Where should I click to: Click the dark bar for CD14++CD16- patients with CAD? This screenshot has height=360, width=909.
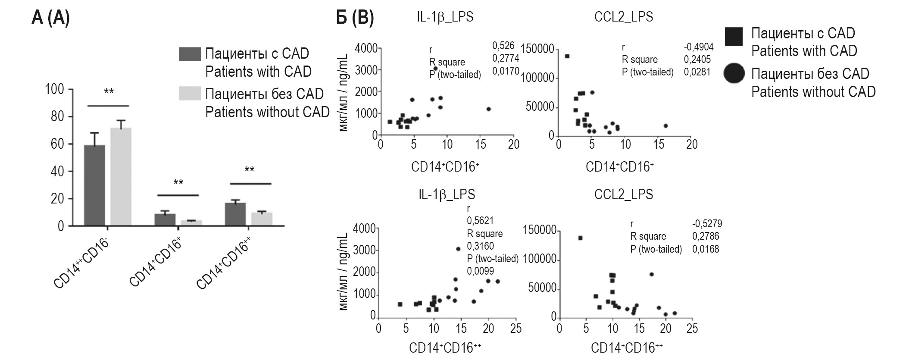(94, 185)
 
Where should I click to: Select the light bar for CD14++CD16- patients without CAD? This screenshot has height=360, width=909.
(121, 177)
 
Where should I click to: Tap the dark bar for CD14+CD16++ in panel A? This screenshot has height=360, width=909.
(235, 214)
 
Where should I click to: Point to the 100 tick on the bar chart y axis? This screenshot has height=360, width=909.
(54, 90)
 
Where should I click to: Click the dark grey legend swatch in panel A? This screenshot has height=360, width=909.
(190, 54)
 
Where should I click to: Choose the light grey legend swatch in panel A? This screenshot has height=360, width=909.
(190, 94)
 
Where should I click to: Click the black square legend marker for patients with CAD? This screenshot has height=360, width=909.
(734, 37)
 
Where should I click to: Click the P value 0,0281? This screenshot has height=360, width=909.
(697, 72)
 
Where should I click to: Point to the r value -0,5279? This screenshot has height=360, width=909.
(707, 224)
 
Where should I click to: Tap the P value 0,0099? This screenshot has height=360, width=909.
(481, 271)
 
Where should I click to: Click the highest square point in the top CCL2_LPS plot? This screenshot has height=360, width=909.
(567, 56)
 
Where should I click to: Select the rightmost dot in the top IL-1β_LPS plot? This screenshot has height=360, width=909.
(489, 109)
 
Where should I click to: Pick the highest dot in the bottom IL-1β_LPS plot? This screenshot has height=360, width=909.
(458, 249)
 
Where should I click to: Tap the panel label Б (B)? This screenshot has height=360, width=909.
(355, 18)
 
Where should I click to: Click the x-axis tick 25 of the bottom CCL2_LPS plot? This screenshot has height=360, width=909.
(692, 329)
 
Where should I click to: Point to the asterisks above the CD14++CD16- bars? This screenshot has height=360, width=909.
(109, 91)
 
